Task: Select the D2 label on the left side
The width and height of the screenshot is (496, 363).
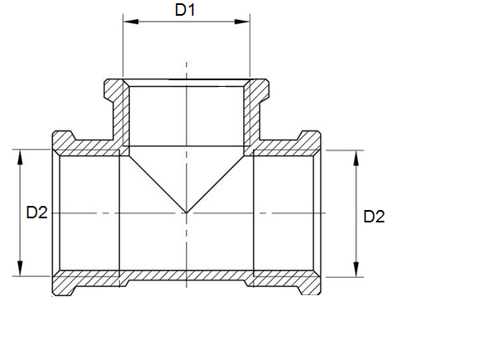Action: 36,213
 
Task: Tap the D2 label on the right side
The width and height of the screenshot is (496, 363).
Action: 374,217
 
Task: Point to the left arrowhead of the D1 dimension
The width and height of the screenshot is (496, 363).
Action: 127,22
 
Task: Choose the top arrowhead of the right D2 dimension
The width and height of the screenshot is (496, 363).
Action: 356,156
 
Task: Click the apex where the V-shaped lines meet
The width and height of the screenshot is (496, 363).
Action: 187,213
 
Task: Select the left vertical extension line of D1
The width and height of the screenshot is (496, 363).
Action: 122,50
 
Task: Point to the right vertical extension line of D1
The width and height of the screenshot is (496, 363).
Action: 250,50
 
